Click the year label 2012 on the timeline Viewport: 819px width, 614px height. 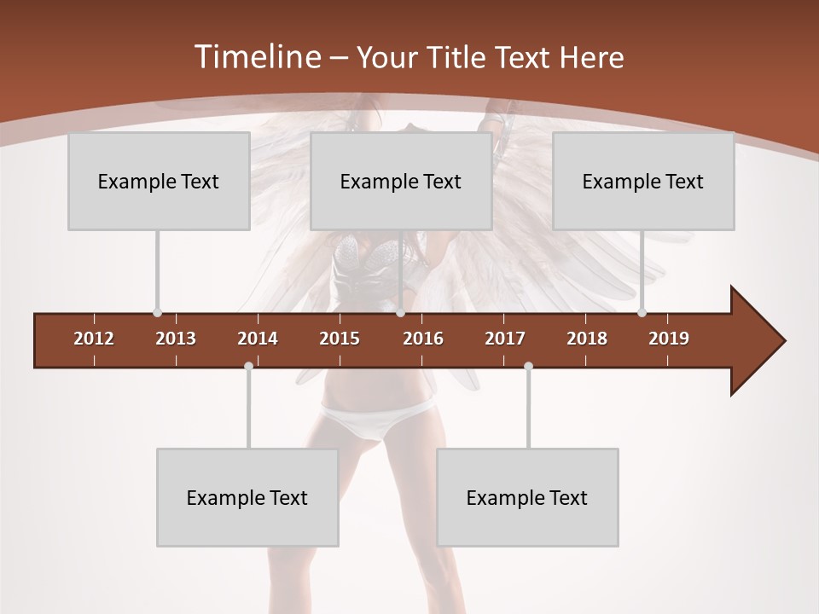click(94, 339)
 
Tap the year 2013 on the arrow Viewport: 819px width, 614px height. click(176, 339)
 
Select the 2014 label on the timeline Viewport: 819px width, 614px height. click(258, 339)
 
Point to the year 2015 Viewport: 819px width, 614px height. click(340, 339)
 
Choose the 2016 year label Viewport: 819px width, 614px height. click(423, 339)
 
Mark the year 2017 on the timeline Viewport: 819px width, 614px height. click(505, 339)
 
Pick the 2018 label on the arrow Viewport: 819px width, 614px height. click(587, 339)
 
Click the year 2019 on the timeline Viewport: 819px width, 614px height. click(669, 339)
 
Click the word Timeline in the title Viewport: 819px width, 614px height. click(256, 57)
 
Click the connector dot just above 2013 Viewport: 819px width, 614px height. click(157, 313)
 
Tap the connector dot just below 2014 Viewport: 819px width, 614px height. click(248, 367)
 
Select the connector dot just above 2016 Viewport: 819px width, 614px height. click(400, 313)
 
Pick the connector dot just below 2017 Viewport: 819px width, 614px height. click(528, 367)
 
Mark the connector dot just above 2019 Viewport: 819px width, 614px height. click(642, 313)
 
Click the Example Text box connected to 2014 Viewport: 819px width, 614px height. click(247, 497)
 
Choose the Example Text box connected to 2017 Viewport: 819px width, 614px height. click(527, 497)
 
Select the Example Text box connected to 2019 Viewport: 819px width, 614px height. click(643, 181)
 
